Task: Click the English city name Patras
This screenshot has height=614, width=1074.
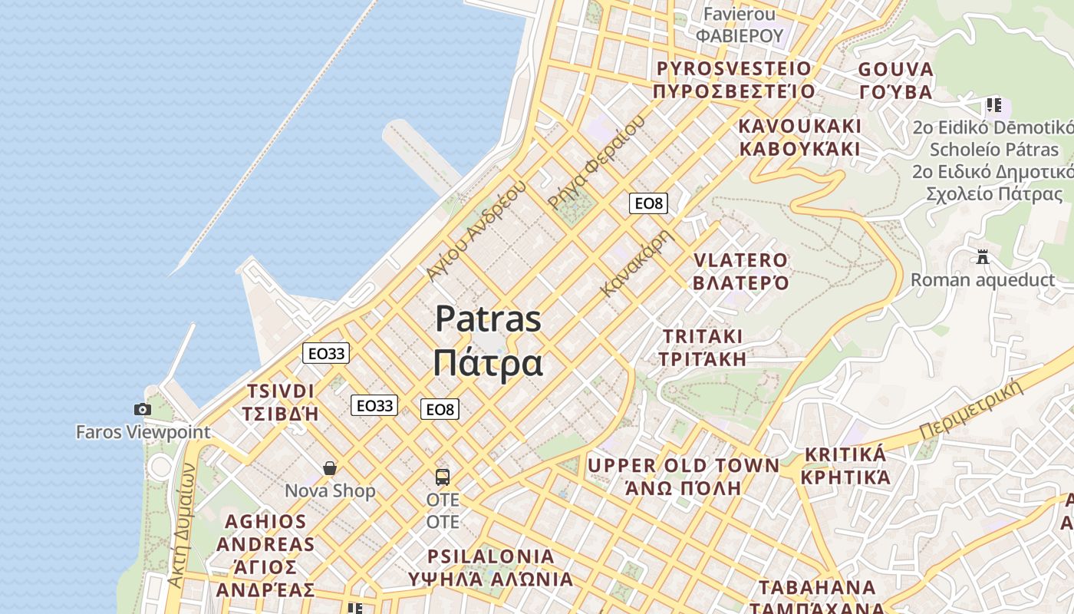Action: pyautogui.click(x=488, y=319)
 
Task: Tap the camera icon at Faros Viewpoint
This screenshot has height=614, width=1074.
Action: pyautogui.click(x=142, y=410)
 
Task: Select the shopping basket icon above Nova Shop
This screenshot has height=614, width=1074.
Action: pyautogui.click(x=330, y=468)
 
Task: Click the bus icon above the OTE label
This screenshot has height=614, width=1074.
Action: pyautogui.click(x=443, y=477)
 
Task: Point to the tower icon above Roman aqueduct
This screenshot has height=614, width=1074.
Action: pyautogui.click(x=983, y=257)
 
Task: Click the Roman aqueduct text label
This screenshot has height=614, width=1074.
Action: pyautogui.click(x=983, y=279)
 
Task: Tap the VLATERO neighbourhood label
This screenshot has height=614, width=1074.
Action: pyautogui.click(x=740, y=261)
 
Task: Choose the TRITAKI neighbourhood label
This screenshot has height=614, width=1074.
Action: pyautogui.click(x=702, y=336)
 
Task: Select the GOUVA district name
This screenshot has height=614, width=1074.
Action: pyautogui.click(x=895, y=70)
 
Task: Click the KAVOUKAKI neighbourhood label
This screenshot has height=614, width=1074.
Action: pyautogui.click(x=800, y=126)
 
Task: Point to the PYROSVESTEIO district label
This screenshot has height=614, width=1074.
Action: pyautogui.click(x=733, y=69)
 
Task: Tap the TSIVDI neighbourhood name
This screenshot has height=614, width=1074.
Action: pyautogui.click(x=280, y=391)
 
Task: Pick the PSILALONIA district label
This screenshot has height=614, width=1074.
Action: pyautogui.click(x=490, y=556)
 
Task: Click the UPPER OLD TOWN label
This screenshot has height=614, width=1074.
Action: pyautogui.click(x=683, y=465)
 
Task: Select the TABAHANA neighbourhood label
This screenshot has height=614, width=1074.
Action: pyautogui.click(x=817, y=588)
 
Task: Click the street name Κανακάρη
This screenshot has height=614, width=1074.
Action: pyautogui.click(x=636, y=262)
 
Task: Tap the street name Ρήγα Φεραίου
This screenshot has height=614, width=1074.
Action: pyautogui.click(x=596, y=163)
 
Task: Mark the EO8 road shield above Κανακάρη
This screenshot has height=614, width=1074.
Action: pyautogui.click(x=648, y=203)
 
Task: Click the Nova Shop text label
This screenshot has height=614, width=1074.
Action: pyautogui.click(x=330, y=490)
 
